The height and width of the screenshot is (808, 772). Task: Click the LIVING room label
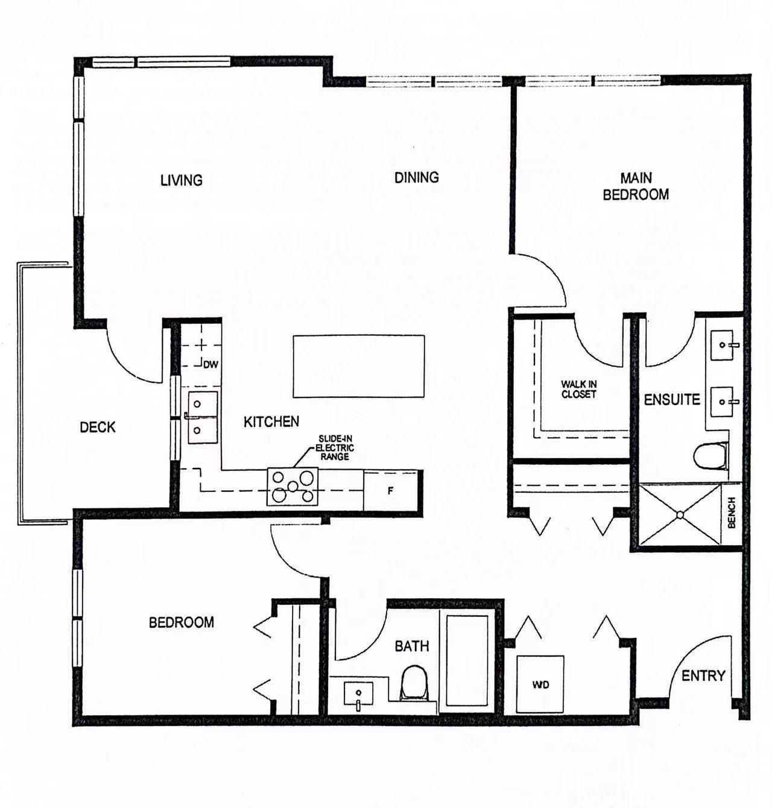[182, 180]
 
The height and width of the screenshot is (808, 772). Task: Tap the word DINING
[417, 177]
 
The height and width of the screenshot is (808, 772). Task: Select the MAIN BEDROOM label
[636, 186]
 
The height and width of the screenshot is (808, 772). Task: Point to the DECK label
[98, 428]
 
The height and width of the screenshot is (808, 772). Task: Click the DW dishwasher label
[211, 365]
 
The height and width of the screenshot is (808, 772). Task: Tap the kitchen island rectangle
[359, 366]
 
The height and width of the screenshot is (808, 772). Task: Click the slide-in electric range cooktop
[293, 487]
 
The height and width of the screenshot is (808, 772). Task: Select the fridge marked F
[390, 491]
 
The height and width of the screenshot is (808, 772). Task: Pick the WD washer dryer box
[540, 684]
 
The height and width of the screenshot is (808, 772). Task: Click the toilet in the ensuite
[710, 457]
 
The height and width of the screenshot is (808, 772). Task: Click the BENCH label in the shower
[732, 513]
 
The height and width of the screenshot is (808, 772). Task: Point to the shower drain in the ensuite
[680, 515]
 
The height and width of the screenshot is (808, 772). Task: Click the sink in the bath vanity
[358, 694]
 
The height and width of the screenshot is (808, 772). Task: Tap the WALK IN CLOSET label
[579, 390]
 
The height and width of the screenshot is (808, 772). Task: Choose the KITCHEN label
[271, 422]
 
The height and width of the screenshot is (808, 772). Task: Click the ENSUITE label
[672, 400]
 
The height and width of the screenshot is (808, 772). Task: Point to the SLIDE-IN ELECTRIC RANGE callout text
[335, 447]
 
